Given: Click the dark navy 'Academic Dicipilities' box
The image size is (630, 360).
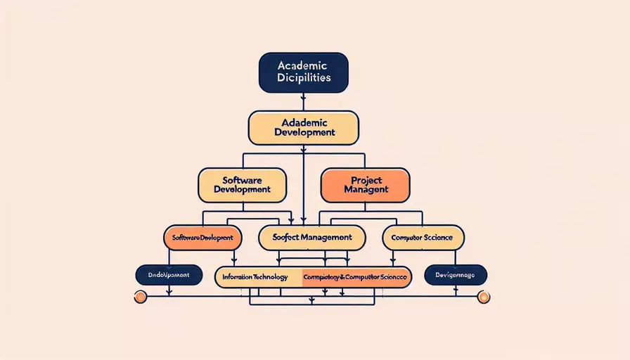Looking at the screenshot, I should coord(304,72).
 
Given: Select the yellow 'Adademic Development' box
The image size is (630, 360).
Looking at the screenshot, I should coord(304,127).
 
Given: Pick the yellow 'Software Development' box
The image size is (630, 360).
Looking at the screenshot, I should coord(242,185).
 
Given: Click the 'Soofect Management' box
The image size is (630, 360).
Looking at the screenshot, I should coord(312,238).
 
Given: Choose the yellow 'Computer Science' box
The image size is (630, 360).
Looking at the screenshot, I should coord(423,238).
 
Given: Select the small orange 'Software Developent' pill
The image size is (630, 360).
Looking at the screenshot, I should coord(202,238).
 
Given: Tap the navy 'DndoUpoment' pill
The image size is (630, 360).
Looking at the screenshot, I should coord(168,275).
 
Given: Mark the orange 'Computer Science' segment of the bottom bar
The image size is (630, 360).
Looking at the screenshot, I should coord(356,277).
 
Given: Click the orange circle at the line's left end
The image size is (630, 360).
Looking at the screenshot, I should coord(140,297).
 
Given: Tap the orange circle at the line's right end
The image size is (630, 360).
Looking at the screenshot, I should coord(483,297).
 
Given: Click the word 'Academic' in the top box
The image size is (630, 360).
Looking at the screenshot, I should coord(304,65).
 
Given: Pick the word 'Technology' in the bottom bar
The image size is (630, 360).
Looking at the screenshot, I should coord(270,277).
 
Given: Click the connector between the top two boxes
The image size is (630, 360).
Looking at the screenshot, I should coord(304,102).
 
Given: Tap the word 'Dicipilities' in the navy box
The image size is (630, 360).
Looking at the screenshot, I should coord(304,79).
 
